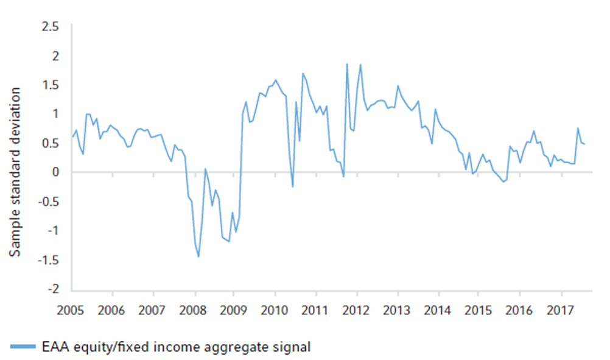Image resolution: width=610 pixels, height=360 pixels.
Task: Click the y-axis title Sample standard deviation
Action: pos(17,172)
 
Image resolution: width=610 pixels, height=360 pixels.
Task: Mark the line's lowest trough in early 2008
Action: pos(198,256)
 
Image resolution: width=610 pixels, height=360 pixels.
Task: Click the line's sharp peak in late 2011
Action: pos(347,64)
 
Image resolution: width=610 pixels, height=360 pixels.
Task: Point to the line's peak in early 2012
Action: pos(360,65)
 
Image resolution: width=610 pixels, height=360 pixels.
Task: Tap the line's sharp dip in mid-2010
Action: pos(293,186)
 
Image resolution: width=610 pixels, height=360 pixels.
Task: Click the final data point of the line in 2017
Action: pos(584,144)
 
